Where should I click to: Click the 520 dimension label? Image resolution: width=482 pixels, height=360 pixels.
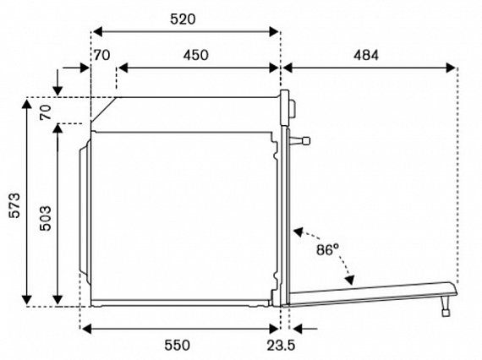point(183,19)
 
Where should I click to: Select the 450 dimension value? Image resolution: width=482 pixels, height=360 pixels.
point(196,55)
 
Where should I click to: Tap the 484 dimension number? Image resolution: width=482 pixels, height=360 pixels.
point(366,55)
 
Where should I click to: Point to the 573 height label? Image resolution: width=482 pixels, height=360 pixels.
point(14,205)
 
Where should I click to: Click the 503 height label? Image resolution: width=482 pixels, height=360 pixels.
point(46,218)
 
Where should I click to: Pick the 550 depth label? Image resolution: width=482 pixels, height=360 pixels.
point(177,345)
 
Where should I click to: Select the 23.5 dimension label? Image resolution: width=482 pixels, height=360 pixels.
point(281,346)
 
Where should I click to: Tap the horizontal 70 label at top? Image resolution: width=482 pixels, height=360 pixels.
point(101,56)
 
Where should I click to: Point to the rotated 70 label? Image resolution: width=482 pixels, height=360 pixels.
point(46,112)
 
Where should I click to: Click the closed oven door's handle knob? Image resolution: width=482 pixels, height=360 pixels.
point(299,141)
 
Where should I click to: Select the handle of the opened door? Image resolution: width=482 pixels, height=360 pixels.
point(446,306)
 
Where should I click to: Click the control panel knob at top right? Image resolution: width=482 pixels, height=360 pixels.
point(293,108)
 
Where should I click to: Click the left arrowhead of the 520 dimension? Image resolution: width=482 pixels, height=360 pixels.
point(97,31)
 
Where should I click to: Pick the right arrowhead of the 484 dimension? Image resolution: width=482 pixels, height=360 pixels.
point(451,68)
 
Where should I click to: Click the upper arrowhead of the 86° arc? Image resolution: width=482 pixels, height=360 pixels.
point(299,232)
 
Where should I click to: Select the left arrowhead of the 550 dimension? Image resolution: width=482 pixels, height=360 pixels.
point(87,329)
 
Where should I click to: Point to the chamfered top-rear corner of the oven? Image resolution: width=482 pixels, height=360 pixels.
point(104,110)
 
